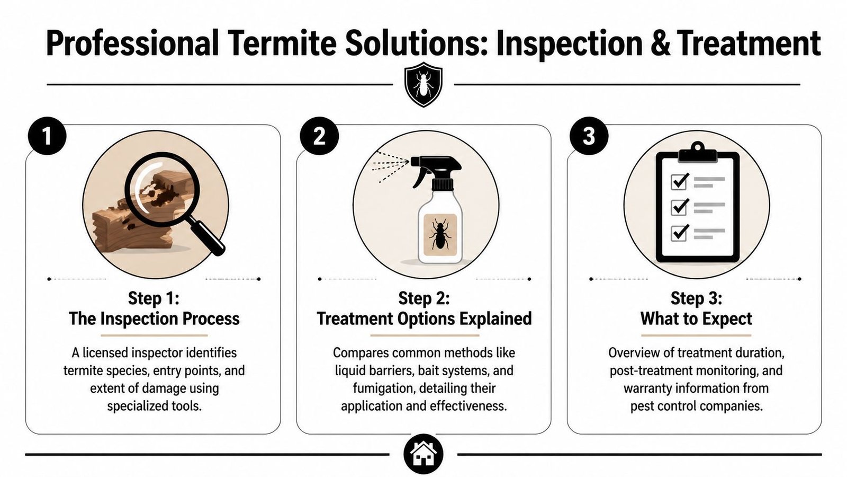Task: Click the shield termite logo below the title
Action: pos(423,85)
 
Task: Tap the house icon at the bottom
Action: pos(423,454)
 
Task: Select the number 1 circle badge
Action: pos(47,136)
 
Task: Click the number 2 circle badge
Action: pos(319,136)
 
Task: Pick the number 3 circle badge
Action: pos(589,136)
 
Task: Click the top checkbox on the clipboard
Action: pos(679,181)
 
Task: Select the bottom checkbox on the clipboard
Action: pos(679,233)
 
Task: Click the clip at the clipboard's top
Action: pos(697,151)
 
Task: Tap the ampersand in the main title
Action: pos(660,43)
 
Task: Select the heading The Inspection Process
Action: pos(154,319)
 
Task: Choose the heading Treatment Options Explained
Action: pos(424,319)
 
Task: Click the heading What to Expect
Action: pos(696,319)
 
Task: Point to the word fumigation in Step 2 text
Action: pos(384,388)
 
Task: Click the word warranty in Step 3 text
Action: pos(650,388)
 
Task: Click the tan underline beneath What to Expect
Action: pos(696,335)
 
